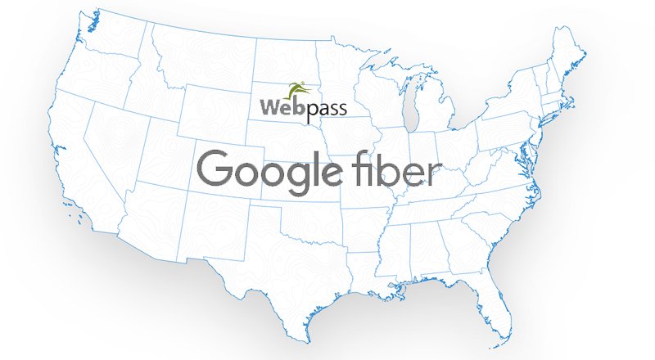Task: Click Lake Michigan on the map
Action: pyautogui.click(x=413, y=110)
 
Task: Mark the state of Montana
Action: pyautogui.click(x=196, y=57)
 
